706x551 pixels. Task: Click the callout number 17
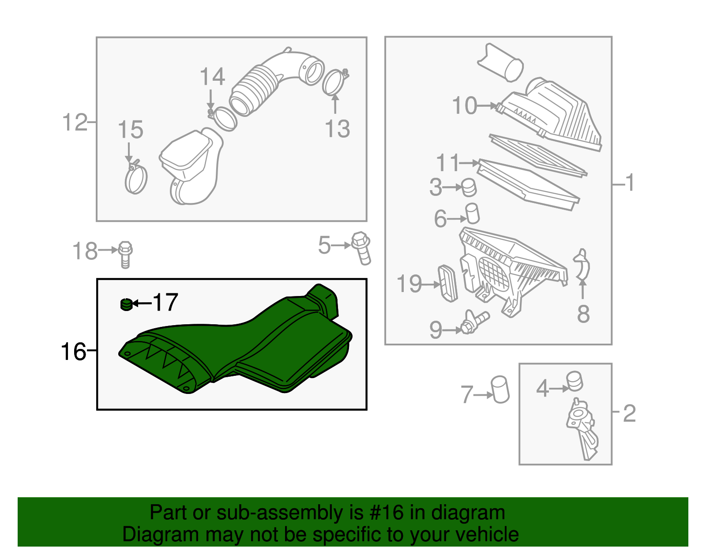[165, 303]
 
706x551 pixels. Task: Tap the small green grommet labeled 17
[126, 304]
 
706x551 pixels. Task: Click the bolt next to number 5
[361, 248]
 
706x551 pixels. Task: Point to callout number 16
[73, 352]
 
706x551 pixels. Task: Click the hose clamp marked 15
[135, 179]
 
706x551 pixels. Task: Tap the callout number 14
[212, 77]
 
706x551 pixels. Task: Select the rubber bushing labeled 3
[469, 187]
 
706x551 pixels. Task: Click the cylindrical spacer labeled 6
[473, 214]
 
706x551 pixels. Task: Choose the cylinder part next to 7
[500, 389]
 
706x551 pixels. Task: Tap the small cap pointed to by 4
[575, 381]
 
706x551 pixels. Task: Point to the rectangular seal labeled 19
[447, 283]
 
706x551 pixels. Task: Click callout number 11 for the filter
[448, 163]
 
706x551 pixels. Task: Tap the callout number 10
[465, 106]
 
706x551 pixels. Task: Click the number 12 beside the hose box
[75, 122]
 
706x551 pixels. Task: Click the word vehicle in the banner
[487, 534]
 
